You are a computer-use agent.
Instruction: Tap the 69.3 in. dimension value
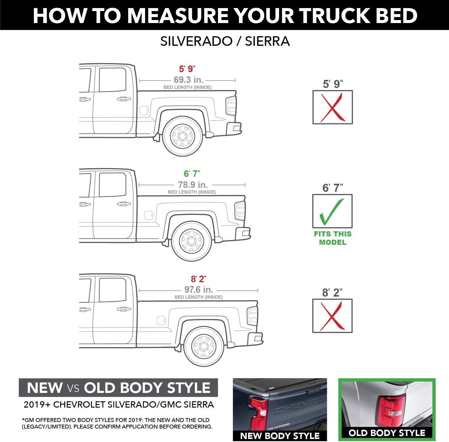click(x=189, y=80)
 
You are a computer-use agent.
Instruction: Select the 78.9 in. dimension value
click(x=193, y=185)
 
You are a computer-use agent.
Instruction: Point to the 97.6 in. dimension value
click(x=198, y=290)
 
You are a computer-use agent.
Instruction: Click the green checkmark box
click(x=333, y=211)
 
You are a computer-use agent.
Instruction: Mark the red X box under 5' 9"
click(x=333, y=107)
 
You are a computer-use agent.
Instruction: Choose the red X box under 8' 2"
click(x=332, y=316)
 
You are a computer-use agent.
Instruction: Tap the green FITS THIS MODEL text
click(x=333, y=238)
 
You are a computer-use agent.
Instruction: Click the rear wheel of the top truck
click(x=182, y=136)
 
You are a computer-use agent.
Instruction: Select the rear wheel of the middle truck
click(x=192, y=241)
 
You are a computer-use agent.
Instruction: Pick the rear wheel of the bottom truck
click(x=204, y=346)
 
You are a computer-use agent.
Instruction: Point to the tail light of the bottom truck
click(x=252, y=316)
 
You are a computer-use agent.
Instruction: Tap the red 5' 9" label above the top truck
click(x=187, y=69)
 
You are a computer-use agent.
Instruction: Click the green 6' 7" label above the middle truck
click(x=192, y=174)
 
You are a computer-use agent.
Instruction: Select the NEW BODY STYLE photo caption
click(x=280, y=436)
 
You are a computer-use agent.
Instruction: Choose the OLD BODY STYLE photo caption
click(x=387, y=433)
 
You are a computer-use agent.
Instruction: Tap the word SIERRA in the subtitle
click(x=267, y=41)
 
